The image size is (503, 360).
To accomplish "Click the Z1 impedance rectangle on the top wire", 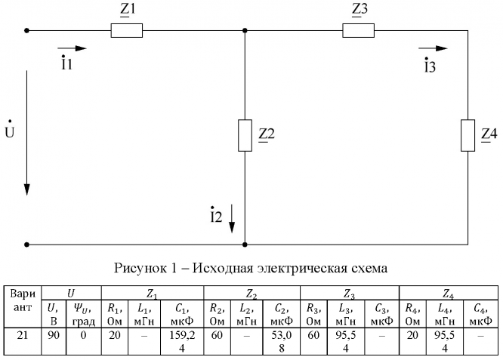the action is [x=126, y=31].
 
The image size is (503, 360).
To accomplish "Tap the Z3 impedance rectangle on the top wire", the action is [x=358, y=31].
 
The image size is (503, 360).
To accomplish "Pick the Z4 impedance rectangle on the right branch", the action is [x=468, y=135].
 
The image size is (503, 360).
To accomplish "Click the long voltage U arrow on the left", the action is [x=27, y=133].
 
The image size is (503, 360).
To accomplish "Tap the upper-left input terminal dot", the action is [x=27, y=31].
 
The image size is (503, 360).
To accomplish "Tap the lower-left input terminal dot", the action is [x=27, y=245].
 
